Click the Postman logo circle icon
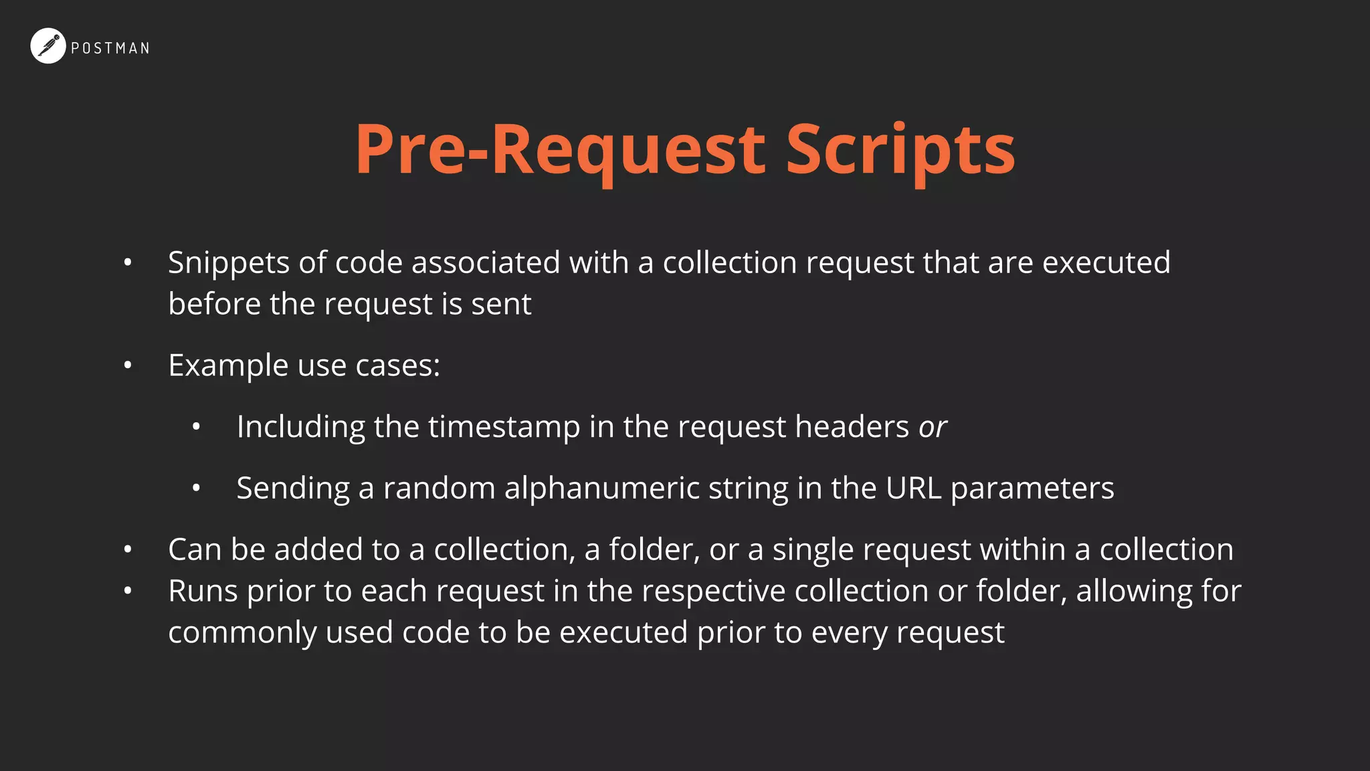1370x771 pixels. point(48,46)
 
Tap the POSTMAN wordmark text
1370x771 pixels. point(110,48)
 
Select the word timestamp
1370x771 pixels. point(504,427)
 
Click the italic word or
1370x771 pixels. point(933,428)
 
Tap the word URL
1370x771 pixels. point(914,488)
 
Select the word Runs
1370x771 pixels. point(203,591)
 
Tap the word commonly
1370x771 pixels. point(242,633)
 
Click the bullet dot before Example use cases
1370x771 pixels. point(128,366)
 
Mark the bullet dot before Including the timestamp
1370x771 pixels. point(196,427)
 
